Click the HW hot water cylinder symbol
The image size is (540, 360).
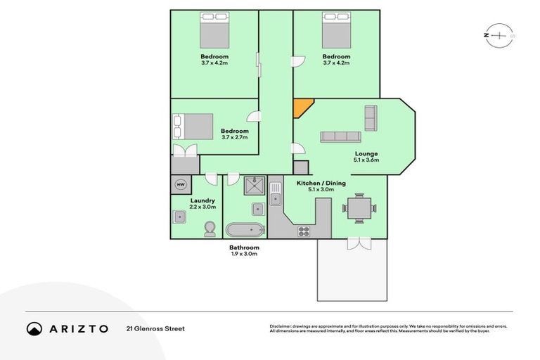coord(181,184)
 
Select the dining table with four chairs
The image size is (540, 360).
coord(359,207)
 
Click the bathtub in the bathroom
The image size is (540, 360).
coord(245,229)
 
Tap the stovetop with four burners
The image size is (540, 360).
coord(305,230)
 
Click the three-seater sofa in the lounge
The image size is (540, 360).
coord(340,136)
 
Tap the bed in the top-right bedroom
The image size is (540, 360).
coord(337,32)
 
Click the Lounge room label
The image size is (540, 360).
coord(366,154)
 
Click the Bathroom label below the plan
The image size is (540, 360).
coord(244,247)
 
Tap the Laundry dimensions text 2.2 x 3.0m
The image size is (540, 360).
coord(202,207)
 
